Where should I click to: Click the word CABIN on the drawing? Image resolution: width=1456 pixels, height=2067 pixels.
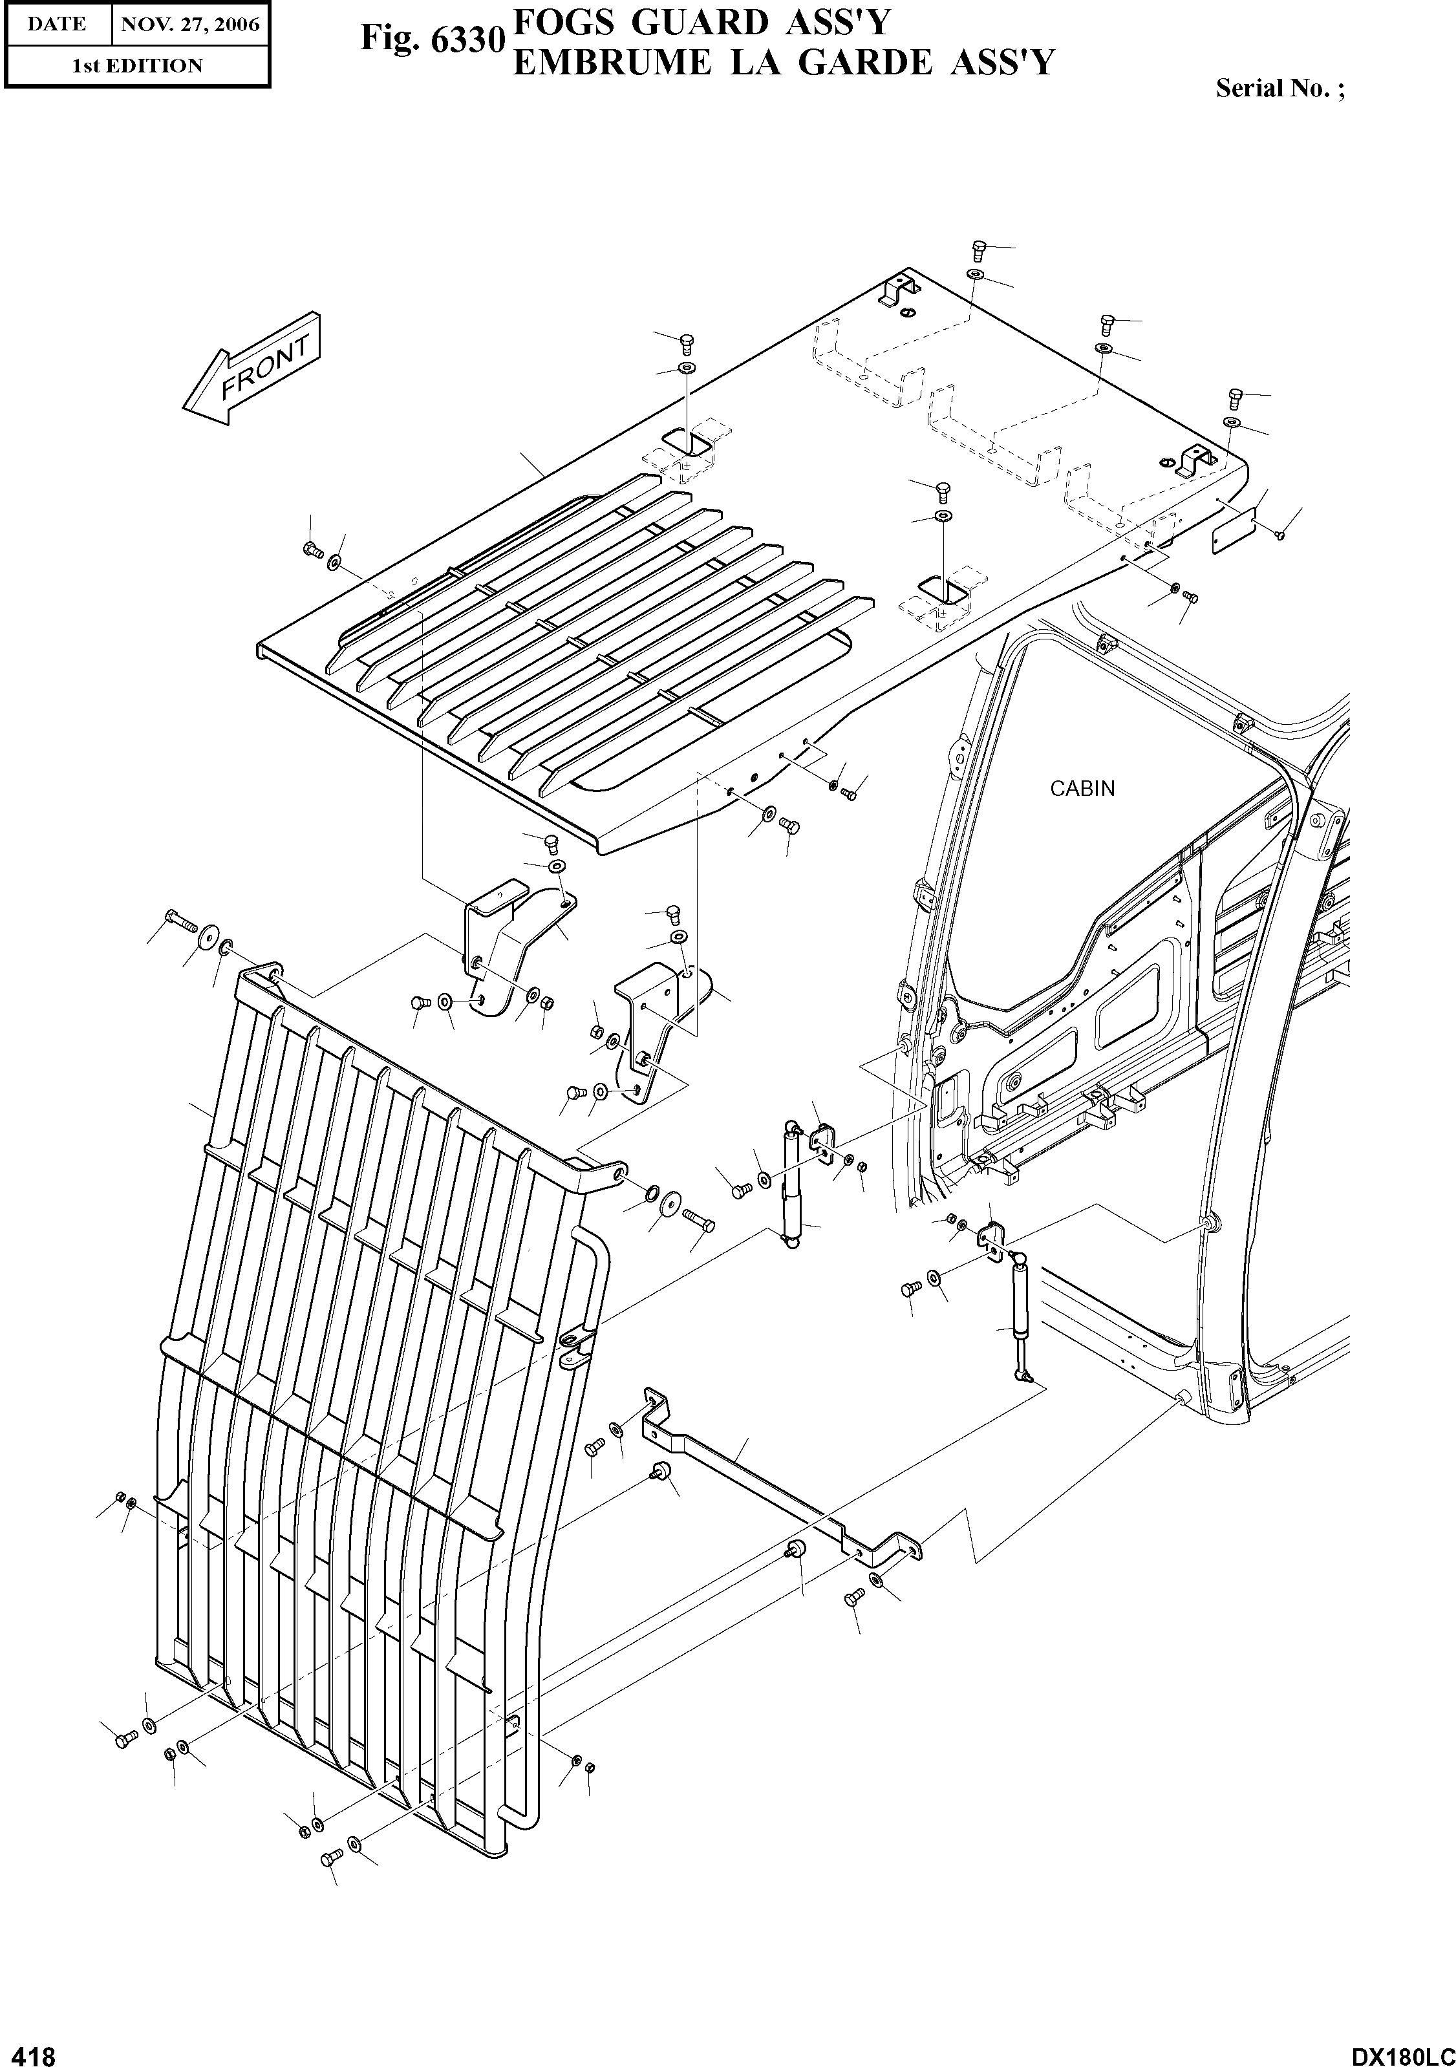click(1082, 789)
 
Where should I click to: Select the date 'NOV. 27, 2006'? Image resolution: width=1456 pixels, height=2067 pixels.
click(190, 25)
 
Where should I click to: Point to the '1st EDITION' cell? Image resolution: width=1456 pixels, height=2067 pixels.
click(137, 66)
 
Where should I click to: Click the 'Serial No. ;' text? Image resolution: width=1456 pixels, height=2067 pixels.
click(1279, 88)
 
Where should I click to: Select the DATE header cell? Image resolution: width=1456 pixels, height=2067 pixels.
click(57, 25)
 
